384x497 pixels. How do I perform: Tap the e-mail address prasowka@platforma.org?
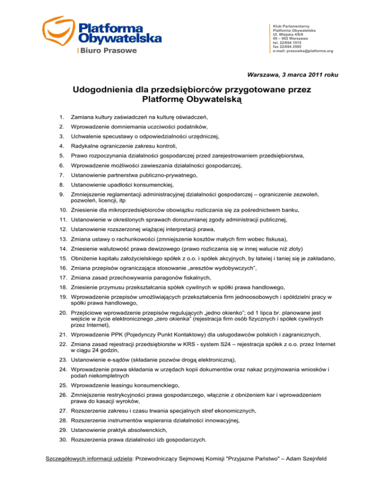click(303, 51)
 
